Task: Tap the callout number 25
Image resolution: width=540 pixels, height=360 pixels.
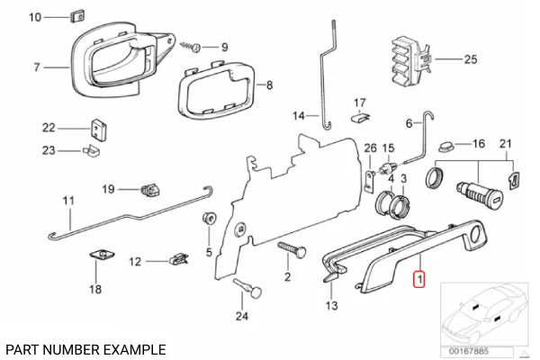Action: (x=469, y=60)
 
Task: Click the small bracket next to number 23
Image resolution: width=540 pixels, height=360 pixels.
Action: (x=91, y=150)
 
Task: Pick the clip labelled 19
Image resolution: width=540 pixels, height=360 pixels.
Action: (x=149, y=189)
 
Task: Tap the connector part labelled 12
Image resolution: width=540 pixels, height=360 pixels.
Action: (x=176, y=262)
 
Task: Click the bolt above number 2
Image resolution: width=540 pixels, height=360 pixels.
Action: (x=289, y=247)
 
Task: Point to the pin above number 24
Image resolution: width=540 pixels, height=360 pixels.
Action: (x=247, y=289)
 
